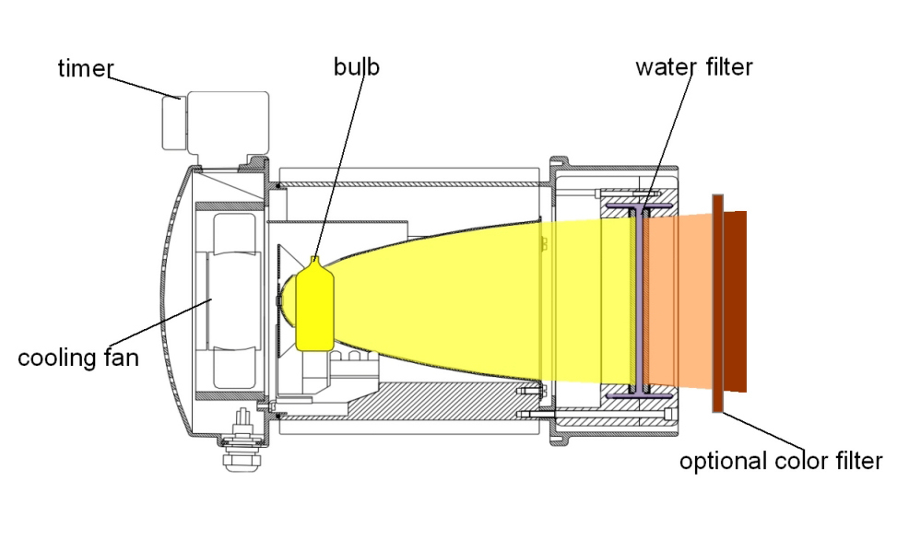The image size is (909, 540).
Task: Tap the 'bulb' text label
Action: (x=357, y=67)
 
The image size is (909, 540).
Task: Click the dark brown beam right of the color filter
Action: (x=735, y=299)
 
